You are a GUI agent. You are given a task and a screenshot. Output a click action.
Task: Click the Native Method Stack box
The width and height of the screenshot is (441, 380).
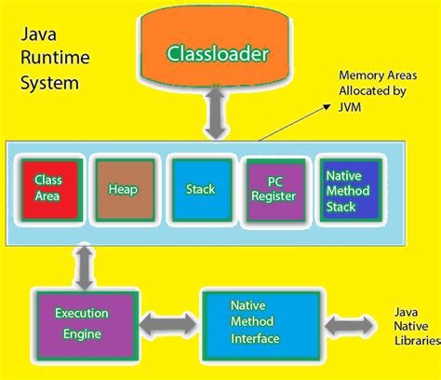348,189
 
